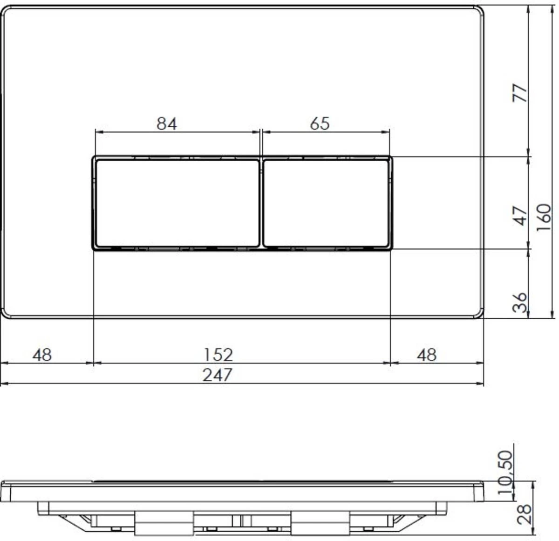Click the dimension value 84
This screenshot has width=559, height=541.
[x=167, y=124]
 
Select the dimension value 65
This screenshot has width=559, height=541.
[x=319, y=124]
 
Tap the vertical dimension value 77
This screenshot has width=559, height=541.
[x=521, y=93]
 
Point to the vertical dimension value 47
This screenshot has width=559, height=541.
[x=521, y=215]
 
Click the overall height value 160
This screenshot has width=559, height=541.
[x=544, y=217]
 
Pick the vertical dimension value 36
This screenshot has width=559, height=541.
[x=520, y=302]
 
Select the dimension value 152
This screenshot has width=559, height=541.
[x=218, y=355]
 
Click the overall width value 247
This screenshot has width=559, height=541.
[x=217, y=375]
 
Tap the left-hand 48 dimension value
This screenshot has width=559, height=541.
[x=42, y=355]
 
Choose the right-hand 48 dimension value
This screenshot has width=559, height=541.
[x=427, y=355]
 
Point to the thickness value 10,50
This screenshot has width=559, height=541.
[x=505, y=475]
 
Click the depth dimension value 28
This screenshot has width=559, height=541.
[x=525, y=514]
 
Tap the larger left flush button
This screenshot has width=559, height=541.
[x=177, y=203]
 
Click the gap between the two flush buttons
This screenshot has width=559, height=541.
[x=261, y=203]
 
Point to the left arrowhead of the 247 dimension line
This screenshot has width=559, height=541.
[x=4, y=384]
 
